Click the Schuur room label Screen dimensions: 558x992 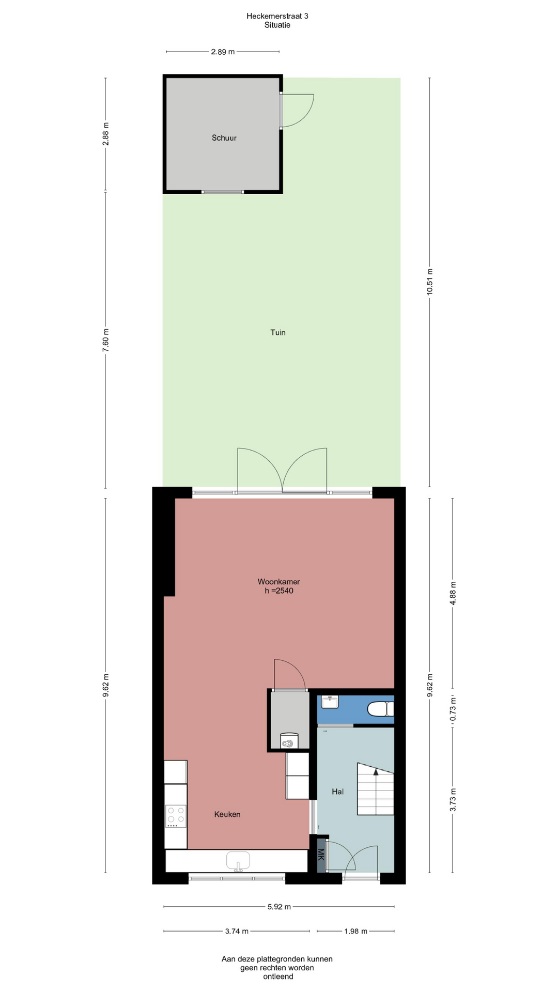[x=224, y=138]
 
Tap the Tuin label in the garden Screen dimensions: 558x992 [x=278, y=332]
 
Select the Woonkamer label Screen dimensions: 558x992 [x=279, y=582]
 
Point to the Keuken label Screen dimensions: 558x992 [x=227, y=814]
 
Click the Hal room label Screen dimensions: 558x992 [x=338, y=792]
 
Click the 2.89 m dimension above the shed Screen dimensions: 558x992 [x=223, y=52]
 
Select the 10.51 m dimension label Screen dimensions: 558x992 [x=430, y=282]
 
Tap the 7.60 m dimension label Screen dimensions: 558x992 [x=105, y=340]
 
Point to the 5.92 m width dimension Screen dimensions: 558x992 [x=279, y=906]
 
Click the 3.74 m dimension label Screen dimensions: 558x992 [x=237, y=931]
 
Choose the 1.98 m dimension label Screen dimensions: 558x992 [x=355, y=931]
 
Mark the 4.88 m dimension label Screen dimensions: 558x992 [x=453, y=593]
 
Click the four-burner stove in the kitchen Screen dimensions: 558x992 [x=176, y=816]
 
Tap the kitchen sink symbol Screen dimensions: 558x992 [x=238, y=861]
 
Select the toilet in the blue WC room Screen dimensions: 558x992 [x=381, y=709]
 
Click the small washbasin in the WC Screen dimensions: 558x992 [x=330, y=702]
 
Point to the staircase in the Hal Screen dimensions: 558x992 [x=376, y=789]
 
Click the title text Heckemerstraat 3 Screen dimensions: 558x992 [x=277, y=16]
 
